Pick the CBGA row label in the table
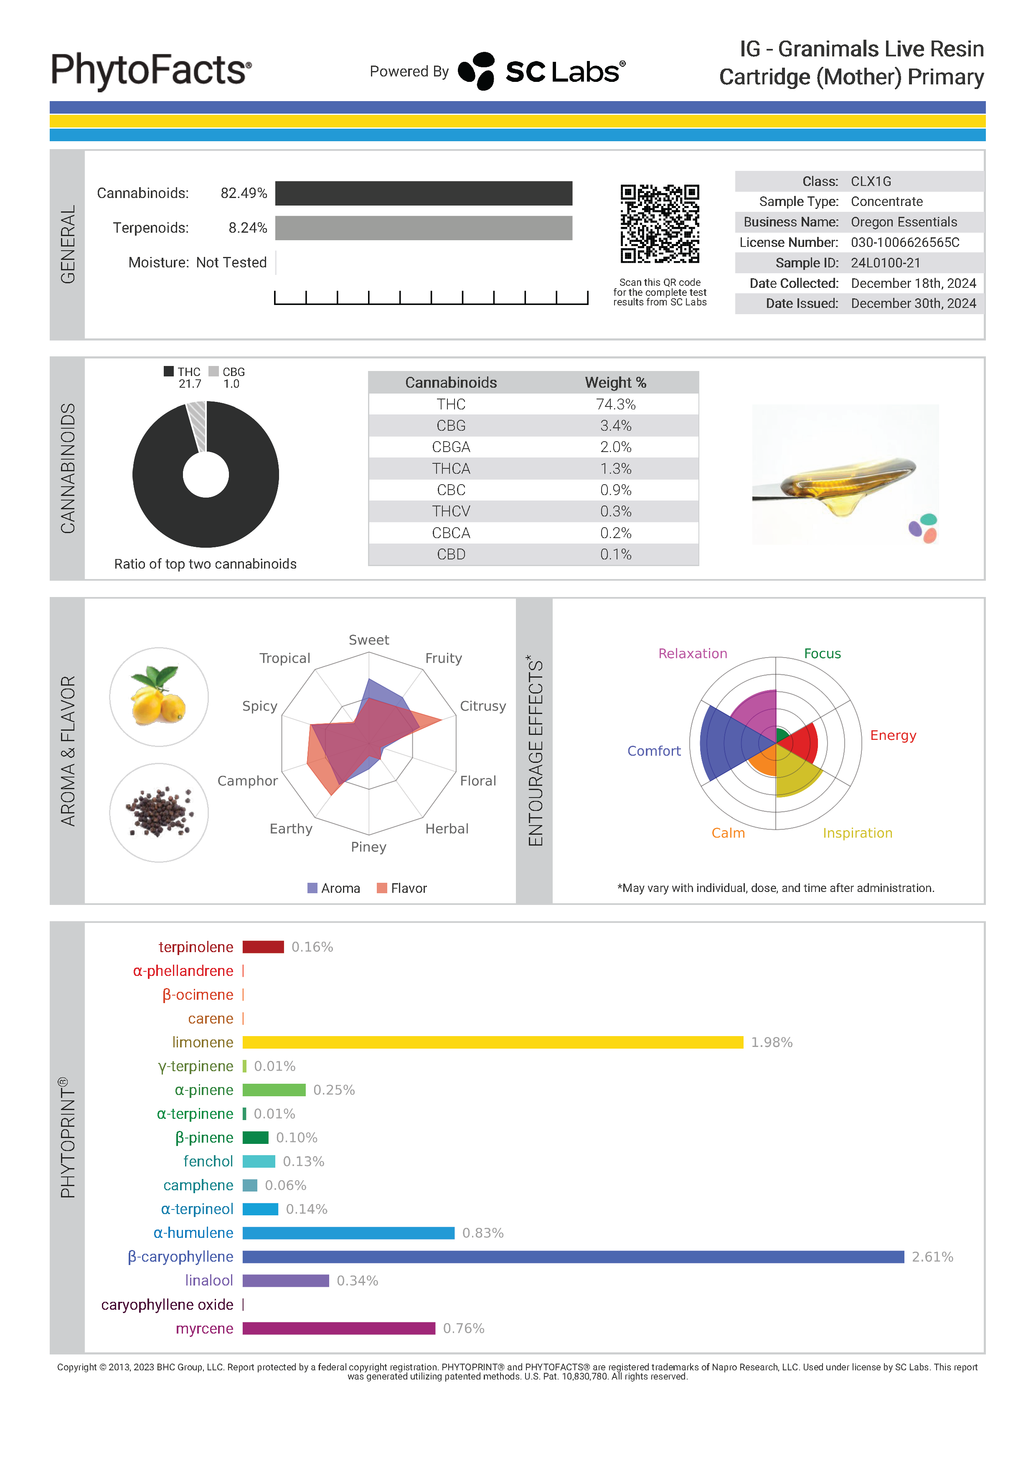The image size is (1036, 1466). [x=451, y=447]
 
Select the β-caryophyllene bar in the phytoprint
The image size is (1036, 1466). [x=573, y=1257]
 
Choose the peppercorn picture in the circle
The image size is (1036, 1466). [x=159, y=813]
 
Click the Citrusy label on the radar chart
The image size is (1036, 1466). [x=482, y=706]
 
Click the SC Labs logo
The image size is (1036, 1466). [x=541, y=71]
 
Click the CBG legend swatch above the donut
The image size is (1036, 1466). [x=214, y=371]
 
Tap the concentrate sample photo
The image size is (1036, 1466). [x=845, y=475]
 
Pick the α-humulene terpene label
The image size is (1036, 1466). [x=193, y=1233]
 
